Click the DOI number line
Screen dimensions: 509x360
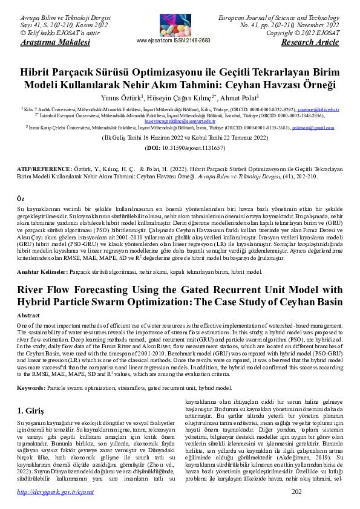pos(180,148)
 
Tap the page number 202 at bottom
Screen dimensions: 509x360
pos(296,493)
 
